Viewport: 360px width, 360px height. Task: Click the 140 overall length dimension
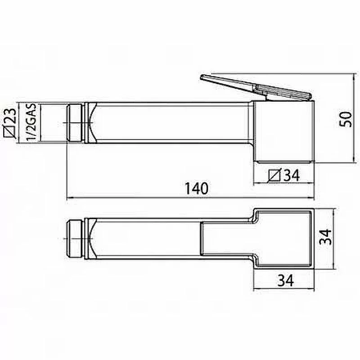(197, 189)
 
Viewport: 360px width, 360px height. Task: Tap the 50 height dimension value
(346, 119)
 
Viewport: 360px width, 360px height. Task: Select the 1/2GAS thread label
(31, 122)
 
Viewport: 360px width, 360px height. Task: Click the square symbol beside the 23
(10, 133)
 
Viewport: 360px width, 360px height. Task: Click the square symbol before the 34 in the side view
(274, 175)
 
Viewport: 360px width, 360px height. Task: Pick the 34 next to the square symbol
(292, 175)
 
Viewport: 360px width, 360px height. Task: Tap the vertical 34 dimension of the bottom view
(325, 237)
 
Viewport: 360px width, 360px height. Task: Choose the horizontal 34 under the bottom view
(285, 280)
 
